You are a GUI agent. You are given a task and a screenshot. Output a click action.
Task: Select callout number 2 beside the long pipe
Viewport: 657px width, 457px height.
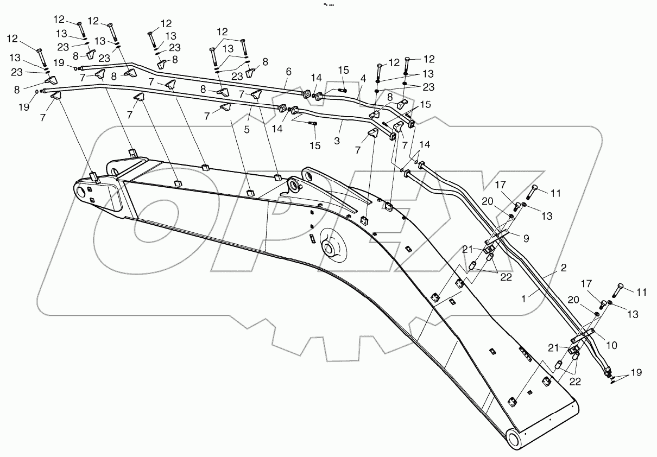click(x=564, y=267)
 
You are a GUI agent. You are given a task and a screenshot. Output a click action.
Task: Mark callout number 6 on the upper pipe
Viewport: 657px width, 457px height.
click(x=288, y=71)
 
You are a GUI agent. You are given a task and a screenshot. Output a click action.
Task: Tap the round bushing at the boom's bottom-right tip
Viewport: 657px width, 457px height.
click(x=515, y=437)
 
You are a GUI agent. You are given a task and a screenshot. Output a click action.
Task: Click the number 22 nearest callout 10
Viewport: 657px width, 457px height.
click(x=575, y=382)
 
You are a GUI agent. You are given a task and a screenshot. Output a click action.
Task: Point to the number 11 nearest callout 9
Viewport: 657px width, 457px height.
click(x=555, y=193)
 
